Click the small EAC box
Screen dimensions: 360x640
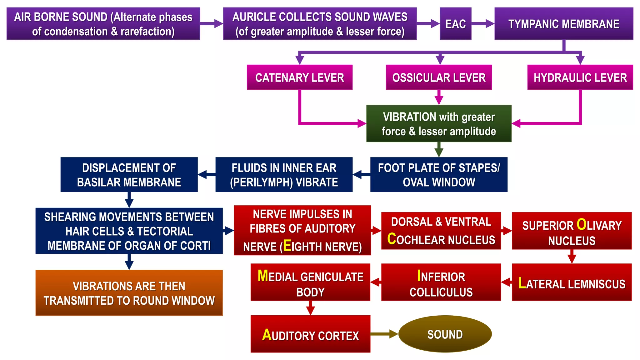click(x=455, y=24)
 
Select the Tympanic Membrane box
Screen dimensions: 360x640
click(x=563, y=24)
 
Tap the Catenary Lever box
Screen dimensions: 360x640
click(x=299, y=77)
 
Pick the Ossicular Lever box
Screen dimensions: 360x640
click(x=439, y=77)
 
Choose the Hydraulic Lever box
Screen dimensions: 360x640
click(x=580, y=77)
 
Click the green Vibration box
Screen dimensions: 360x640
click(x=439, y=123)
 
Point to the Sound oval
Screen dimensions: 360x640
click(x=445, y=334)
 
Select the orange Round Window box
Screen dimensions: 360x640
click(x=129, y=293)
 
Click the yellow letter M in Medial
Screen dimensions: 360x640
click(x=263, y=276)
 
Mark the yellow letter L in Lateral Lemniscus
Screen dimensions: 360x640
click(x=522, y=283)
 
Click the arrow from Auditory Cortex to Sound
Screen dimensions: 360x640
click(x=384, y=334)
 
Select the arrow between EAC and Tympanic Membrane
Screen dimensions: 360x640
click(x=482, y=24)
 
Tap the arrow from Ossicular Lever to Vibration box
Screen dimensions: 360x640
click(x=439, y=97)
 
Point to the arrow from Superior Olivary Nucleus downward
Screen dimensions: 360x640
click(x=572, y=257)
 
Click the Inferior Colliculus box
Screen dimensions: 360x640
click(x=441, y=282)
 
